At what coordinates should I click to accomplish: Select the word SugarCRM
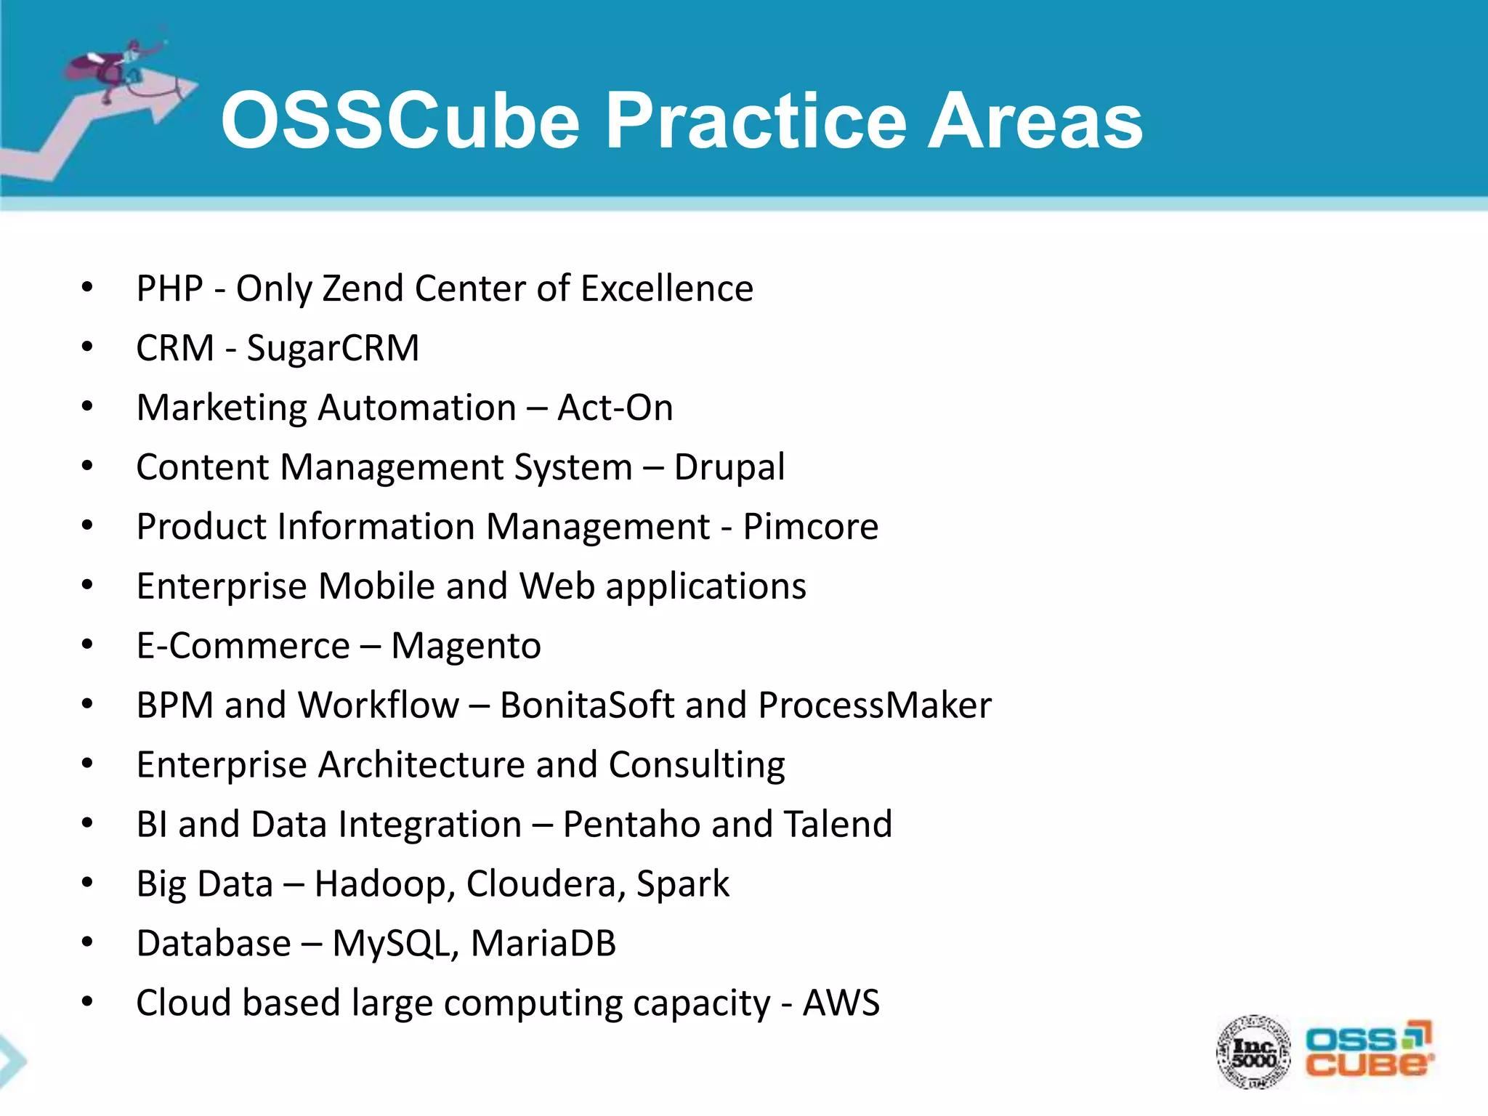pos(333,348)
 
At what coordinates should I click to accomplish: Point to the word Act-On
pos(615,408)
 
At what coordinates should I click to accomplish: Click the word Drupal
pos(729,467)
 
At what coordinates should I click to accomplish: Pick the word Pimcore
pos(810,527)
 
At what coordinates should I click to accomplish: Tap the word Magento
pos(466,646)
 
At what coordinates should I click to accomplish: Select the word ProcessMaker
pos(875,705)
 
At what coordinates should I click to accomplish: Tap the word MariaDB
pos(543,944)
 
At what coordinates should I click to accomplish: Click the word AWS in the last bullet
pos(841,1003)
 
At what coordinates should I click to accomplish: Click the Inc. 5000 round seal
pos(1253,1051)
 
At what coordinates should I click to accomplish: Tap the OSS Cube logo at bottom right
pos(1368,1050)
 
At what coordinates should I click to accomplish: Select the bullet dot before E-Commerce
pos(87,644)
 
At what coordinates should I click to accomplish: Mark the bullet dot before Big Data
pos(87,883)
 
